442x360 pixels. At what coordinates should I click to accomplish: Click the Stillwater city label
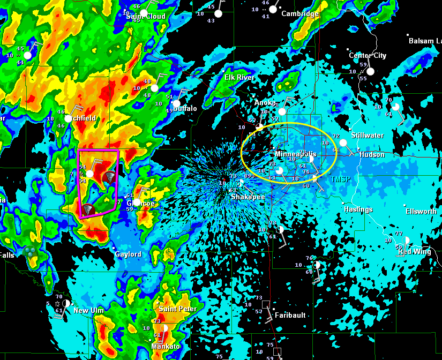(368, 136)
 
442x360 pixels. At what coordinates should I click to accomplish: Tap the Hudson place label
(372, 155)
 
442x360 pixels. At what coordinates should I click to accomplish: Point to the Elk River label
(239, 78)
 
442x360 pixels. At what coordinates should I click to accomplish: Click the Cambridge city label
(300, 14)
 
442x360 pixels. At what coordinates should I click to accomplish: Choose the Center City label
(368, 56)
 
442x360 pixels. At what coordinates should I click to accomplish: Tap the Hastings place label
(358, 209)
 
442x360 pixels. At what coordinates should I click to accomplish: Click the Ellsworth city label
(421, 212)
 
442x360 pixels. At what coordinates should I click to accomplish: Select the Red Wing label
(414, 252)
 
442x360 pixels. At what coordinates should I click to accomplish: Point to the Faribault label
(290, 315)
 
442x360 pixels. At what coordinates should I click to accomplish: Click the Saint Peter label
(178, 309)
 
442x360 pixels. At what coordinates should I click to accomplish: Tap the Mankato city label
(166, 347)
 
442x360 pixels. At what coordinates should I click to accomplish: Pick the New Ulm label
(88, 311)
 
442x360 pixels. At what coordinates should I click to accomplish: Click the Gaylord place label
(129, 254)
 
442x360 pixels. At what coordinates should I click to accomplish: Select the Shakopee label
(248, 197)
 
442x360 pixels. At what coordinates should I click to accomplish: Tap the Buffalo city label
(185, 109)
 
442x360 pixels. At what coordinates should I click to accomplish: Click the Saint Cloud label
(146, 16)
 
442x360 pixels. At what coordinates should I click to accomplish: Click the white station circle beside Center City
(370, 71)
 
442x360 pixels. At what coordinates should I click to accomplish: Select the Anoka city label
(267, 103)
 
